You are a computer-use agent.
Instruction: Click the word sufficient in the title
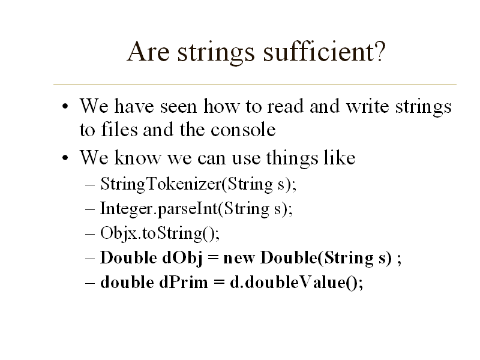click(x=319, y=52)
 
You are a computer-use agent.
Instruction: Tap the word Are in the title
click(x=148, y=52)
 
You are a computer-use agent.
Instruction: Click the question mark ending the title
click(x=380, y=52)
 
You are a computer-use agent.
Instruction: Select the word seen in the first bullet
click(x=178, y=107)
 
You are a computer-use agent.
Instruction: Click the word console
click(x=243, y=130)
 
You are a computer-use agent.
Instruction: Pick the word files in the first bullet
click(x=119, y=129)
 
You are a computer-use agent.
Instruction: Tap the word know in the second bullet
click(x=137, y=157)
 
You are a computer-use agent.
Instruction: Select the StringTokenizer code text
click(x=161, y=184)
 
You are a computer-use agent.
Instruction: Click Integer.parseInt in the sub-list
click(x=159, y=209)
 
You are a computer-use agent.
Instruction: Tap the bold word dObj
click(x=182, y=258)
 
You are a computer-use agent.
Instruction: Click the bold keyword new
click(x=239, y=259)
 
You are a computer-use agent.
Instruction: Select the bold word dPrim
click(x=184, y=282)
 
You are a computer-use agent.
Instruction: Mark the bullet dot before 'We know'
click(x=65, y=158)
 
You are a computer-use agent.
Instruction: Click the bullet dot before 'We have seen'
click(x=65, y=107)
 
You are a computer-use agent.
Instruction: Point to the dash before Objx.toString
click(x=89, y=234)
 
